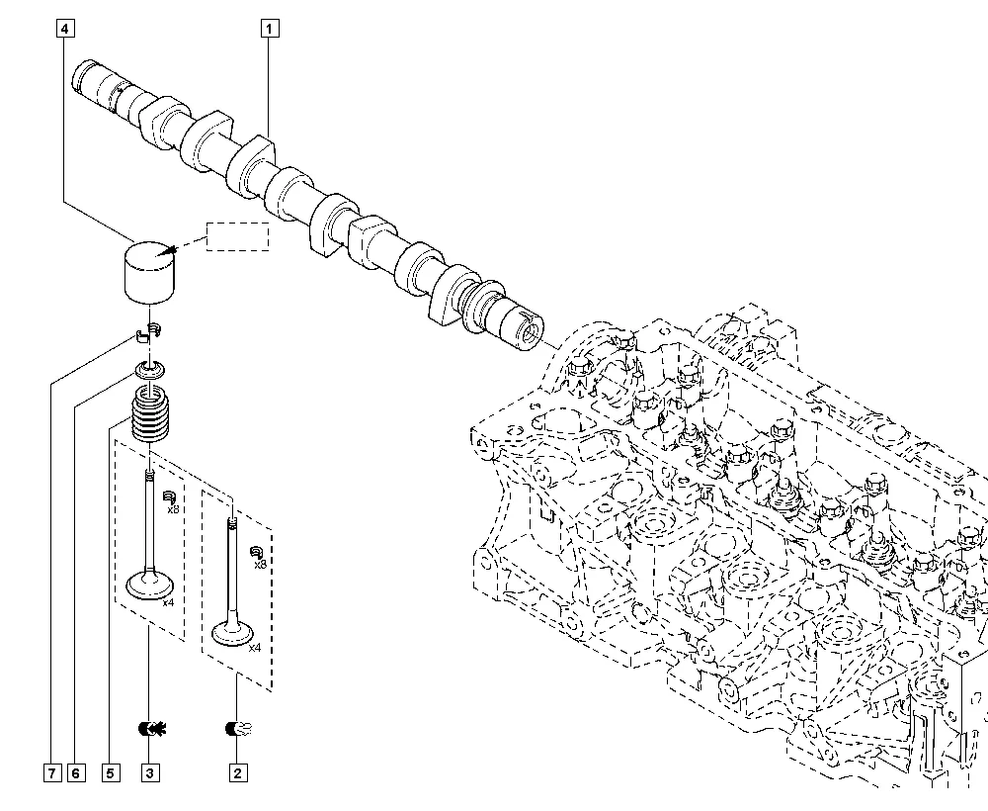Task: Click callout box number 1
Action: [270, 29]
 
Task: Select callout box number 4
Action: [65, 29]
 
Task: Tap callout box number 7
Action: [52, 773]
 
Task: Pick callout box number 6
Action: [76, 773]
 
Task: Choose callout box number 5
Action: [111, 773]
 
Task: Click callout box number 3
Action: [150, 773]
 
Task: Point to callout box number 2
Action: [237, 773]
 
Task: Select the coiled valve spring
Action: [150, 414]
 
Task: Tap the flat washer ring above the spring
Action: [150, 370]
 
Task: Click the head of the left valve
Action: [150, 584]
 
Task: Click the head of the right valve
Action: [233, 633]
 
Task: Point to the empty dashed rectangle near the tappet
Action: [237, 236]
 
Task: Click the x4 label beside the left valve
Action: [168, 603]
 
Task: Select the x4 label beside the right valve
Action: [255, 648]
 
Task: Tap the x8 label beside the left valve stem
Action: [173, 509]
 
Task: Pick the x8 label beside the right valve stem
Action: [260, 565]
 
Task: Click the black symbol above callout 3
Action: [152, 729]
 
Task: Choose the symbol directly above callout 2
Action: [239, 729]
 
